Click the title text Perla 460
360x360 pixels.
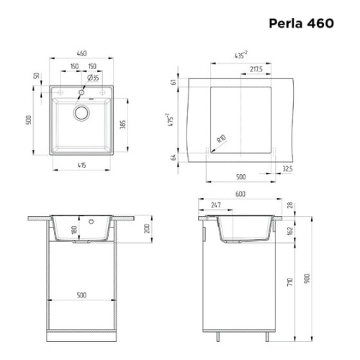click(x=301, y=23)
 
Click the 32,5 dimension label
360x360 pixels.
click(x=288, y=170)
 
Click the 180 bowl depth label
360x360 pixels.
click(x=73, y=230)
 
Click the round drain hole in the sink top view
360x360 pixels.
click(x=81, y=112)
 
